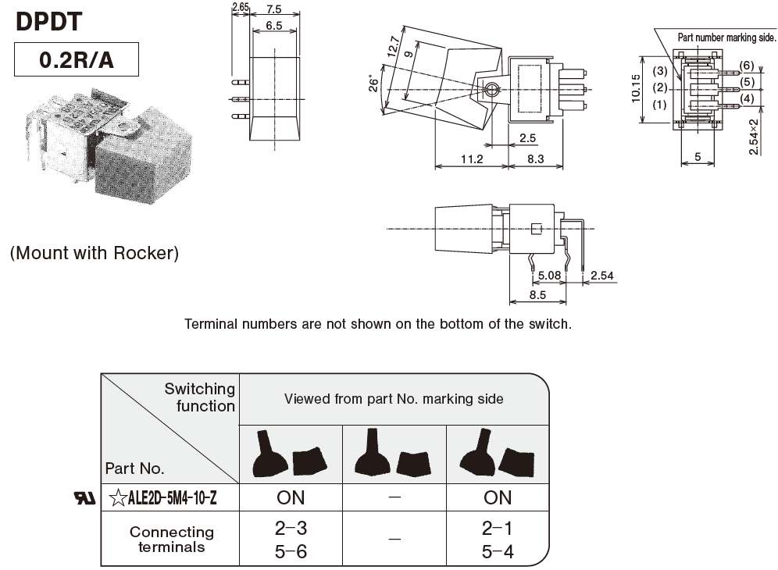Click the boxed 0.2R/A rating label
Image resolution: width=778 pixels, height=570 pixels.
click(77, 60)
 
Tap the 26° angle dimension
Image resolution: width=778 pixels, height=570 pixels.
click(375, 82)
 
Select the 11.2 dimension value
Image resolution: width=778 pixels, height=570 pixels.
click(471, 159)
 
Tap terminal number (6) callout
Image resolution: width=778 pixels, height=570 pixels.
click(747, 65)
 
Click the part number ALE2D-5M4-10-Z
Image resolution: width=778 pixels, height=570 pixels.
click(162, 497)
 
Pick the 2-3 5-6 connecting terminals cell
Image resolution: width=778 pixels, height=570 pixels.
click(291, 540)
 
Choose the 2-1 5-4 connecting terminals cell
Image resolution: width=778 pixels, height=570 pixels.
click(498, 540)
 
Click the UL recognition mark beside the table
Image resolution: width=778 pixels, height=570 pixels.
click(84, 497)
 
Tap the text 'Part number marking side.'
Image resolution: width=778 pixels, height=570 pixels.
click(726, 36)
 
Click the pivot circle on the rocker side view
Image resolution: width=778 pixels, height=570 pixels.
click(491, 91)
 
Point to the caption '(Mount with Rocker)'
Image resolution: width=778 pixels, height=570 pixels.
click(95, 253)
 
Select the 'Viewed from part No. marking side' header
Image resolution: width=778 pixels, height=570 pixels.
click(394, 399)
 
